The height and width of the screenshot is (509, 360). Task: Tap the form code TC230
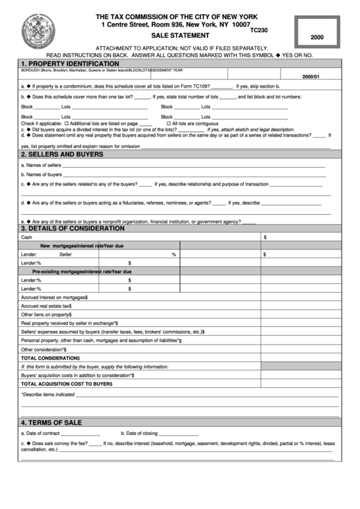coord(259,30)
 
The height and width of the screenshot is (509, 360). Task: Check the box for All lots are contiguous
coord(169,123)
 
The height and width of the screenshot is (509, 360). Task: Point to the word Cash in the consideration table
coord(26,237)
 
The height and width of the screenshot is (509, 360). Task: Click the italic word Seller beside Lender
coord(65,254)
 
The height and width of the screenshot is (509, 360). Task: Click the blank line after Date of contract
coord(81,434)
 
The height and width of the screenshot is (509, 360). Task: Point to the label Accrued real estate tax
coord(46,306)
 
